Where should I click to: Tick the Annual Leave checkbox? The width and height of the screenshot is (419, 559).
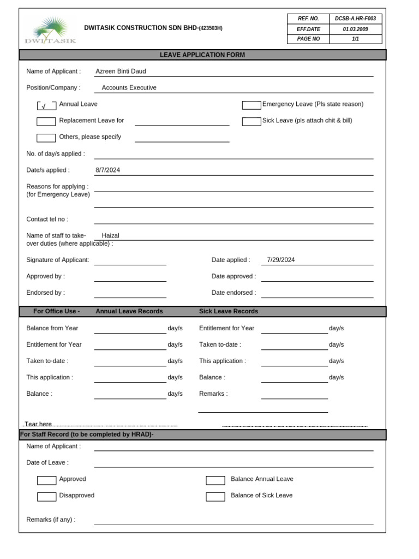coord(46,106)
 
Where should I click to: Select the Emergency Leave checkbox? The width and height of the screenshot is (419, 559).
coord(252,105)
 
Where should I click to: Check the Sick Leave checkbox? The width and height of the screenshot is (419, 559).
coord(252,122)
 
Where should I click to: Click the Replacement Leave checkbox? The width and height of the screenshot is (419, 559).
coord(46,122)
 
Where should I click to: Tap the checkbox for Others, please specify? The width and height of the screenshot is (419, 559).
coord(46,138)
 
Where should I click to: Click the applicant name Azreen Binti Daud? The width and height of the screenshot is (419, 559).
coord(121,72)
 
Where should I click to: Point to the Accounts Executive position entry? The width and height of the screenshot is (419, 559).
coord(129,88)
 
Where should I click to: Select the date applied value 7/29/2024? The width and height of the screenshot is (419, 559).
coord(281,260)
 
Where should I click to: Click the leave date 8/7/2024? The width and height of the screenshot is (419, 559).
coord(107,170)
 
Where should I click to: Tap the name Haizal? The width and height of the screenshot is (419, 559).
coord(110,236)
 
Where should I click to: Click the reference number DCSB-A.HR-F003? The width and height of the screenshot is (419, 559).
coord(355,19)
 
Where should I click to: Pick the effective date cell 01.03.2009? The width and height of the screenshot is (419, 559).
coord(355,29)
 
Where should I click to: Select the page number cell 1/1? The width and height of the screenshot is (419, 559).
coord(355,39)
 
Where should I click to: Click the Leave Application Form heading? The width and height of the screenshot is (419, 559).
coord(202,55)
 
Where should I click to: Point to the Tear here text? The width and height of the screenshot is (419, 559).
coord(38,424)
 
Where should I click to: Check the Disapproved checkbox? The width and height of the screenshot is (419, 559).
coord(46,497)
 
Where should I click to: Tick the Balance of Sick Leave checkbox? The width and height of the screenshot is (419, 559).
coord(215,497)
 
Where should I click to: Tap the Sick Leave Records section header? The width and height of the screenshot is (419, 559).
coord(229,312)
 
